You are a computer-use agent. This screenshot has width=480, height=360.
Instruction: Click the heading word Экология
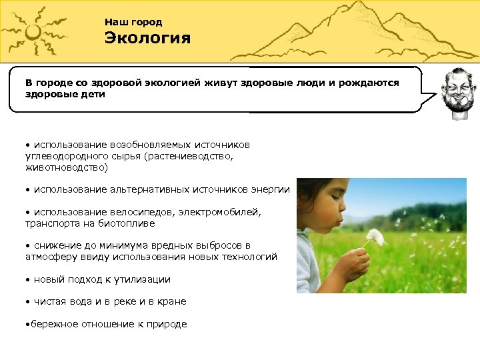click(147, 38)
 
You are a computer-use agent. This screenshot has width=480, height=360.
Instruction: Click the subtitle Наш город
click(133, 22)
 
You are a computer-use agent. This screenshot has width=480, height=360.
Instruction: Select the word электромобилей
click(213, 212)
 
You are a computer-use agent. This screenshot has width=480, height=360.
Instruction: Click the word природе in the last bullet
click(164, 324)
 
